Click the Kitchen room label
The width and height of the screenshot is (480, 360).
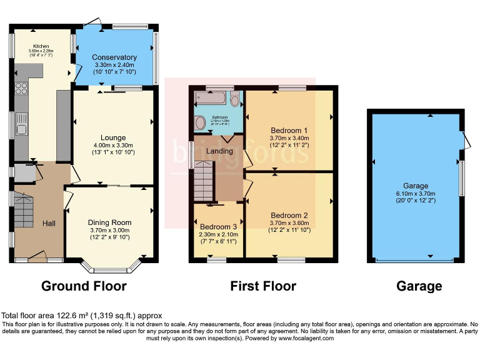[41, 46]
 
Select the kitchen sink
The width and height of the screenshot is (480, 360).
[21, 125]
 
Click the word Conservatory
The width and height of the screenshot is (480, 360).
[114, 58]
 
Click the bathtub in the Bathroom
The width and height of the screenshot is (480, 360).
[211, 98]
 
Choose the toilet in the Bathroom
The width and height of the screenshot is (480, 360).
[235, 99]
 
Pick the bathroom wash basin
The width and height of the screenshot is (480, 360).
[200, 122]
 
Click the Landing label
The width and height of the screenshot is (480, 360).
[219, 151]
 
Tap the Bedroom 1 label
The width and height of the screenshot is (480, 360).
[289, 130]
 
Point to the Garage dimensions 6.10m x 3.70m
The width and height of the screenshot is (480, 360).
[416, 194]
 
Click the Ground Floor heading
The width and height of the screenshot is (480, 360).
[84, 286]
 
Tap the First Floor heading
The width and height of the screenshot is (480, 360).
[263, 286]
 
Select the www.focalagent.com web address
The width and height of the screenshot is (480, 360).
[299, 338]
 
